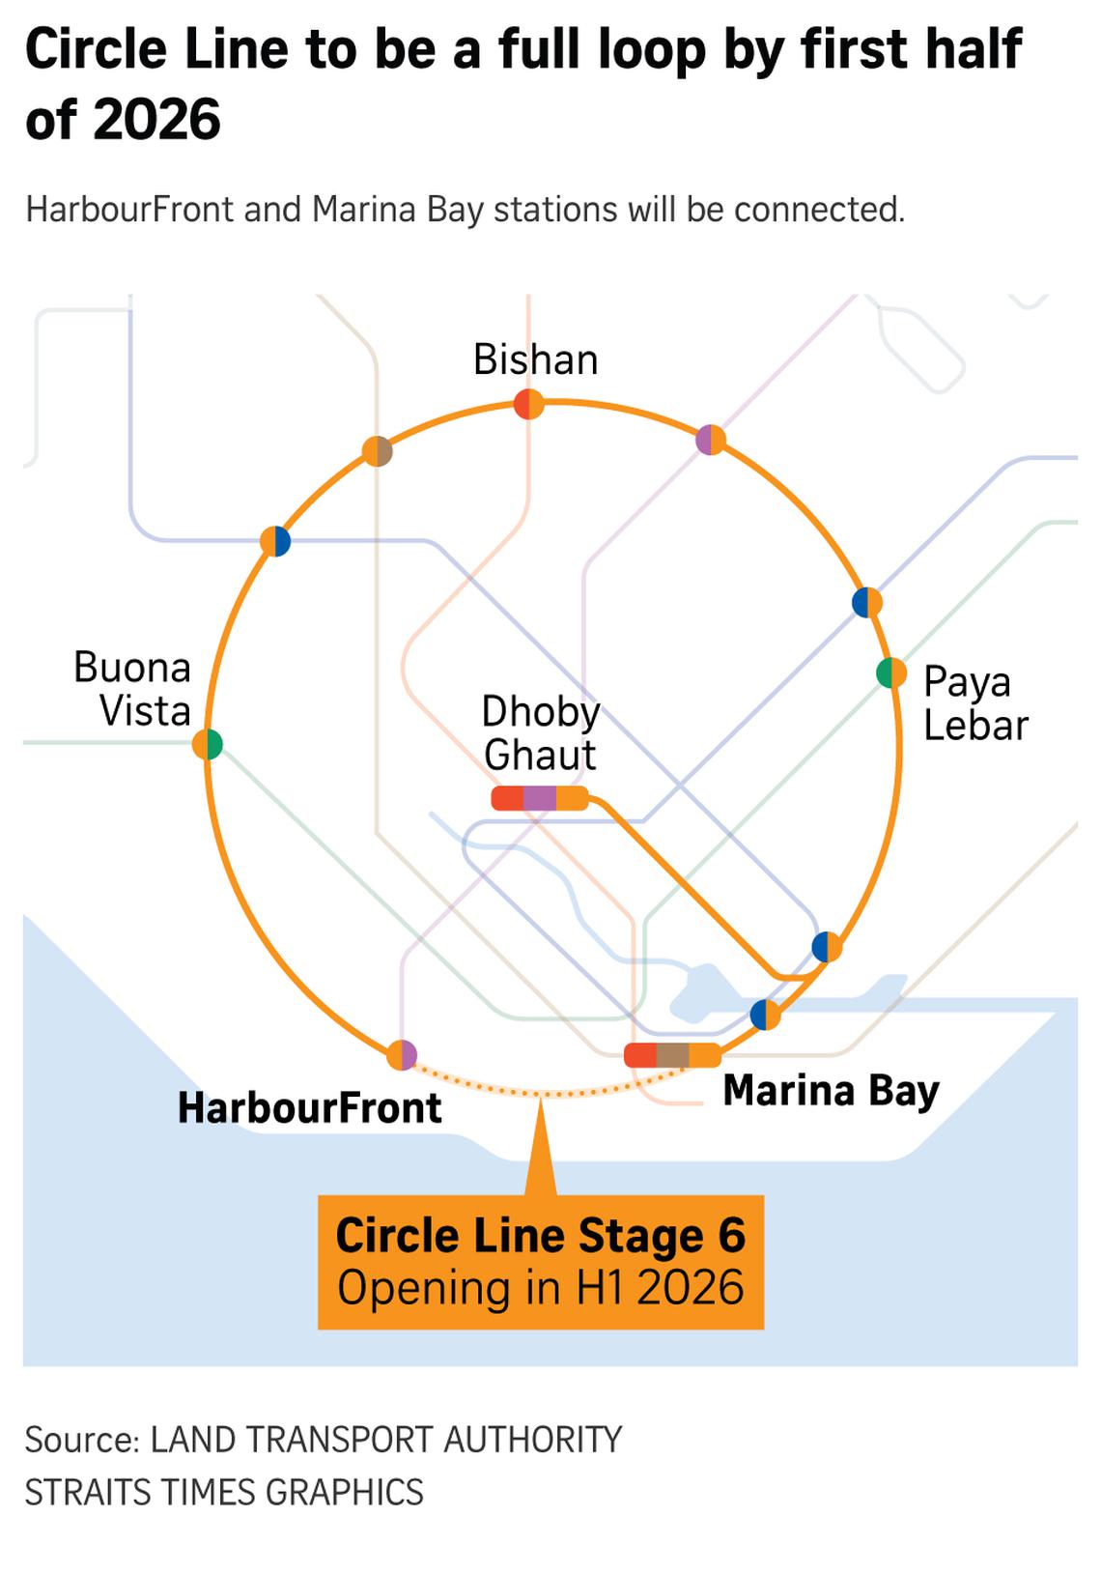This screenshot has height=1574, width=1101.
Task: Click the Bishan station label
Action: point(535,359)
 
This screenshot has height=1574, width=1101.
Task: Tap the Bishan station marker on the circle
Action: point(528,404)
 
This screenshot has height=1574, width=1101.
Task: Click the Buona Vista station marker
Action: point(208,744)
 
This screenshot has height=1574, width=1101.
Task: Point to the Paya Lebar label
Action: point(974,703)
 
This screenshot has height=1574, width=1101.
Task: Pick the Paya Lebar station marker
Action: point(890,673)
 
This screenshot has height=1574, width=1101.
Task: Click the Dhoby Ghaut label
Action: point(541,732)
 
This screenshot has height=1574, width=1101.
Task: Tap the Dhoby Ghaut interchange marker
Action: point(540,798)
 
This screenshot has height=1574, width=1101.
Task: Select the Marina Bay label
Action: point(831,1091)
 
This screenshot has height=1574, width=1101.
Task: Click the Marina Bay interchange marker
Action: point(672,1055)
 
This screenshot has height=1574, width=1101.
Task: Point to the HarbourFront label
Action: point(309,1108)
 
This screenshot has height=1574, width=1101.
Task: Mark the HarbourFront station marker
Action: point(402,1054)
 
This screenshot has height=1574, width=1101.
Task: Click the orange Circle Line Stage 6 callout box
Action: point(541,1262)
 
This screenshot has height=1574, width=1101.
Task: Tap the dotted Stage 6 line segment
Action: point(541,1094)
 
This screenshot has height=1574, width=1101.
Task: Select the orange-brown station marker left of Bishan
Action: point(378,450)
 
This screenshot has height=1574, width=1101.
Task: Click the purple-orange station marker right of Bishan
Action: point(711,440)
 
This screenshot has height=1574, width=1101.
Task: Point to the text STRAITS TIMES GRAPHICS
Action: point(224,1492)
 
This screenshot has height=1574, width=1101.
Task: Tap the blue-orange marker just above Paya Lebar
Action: point(867,602)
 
